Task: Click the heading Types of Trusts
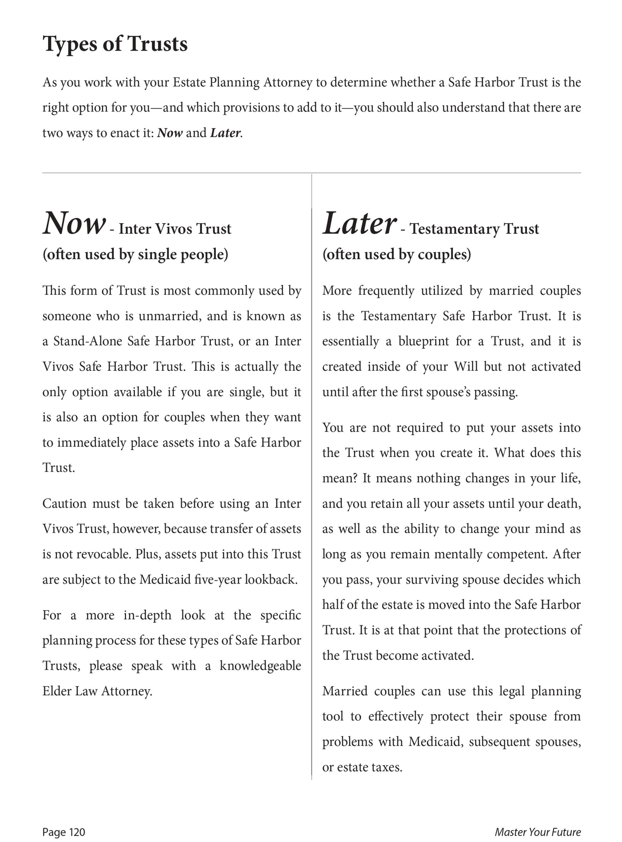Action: point(115,44)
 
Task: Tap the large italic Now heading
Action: point(74,224)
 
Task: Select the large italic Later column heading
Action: point(359,224)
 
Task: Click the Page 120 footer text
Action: point(63,832)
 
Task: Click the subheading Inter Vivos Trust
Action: point(175,229)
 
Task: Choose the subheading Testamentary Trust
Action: point(474,229)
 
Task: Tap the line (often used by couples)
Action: point(396,255)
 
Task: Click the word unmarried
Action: point(167,316)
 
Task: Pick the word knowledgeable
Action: point(260,665)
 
